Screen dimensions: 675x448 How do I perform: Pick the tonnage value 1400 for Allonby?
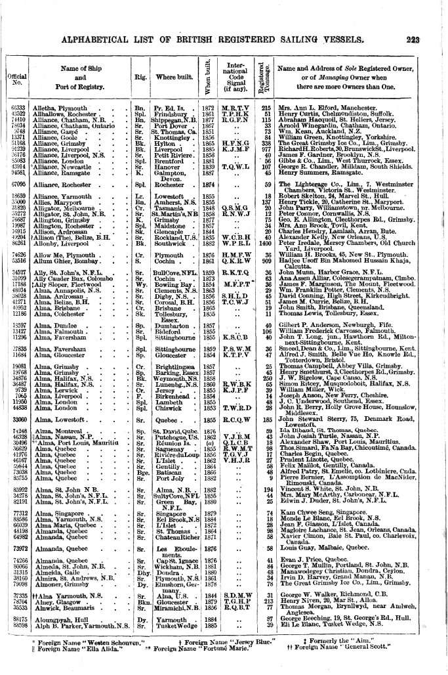pos(265,243)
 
